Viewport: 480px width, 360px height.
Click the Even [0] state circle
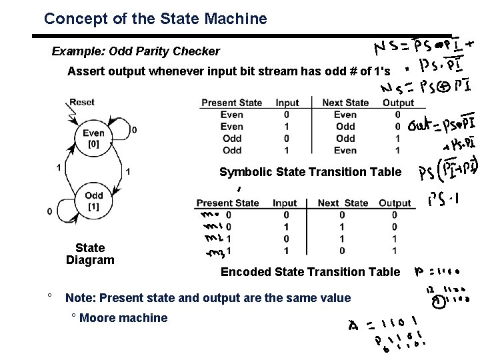[x=93, y=138]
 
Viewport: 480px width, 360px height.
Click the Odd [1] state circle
[x=94, y=201]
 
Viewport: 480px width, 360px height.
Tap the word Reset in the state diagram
[x=82, y=102]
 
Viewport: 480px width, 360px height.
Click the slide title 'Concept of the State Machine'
[x=155, y=19]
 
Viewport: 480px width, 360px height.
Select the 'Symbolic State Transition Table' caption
[x=310, y=172]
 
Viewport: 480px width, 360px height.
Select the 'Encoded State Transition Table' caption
[x=310, y=271]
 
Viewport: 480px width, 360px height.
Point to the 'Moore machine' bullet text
[x=123, y=318]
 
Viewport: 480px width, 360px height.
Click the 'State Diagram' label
[x=90, y=254]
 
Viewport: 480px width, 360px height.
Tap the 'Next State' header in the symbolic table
[x=345, y=103]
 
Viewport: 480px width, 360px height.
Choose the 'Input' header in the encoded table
[x=285, y=203]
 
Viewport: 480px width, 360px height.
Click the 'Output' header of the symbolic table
[x=398, y=103]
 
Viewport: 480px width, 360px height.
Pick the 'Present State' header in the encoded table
[x=228, y=203]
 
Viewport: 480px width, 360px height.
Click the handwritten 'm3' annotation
[x=215, y=251]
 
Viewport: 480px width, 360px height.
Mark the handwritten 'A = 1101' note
[x=384, y=325]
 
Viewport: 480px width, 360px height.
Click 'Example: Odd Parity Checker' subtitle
[x=136, y=51]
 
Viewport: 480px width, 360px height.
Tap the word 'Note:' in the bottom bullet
[x=79, y=297]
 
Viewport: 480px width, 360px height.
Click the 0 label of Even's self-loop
[x=135, y=129]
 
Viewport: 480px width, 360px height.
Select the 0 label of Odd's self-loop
[x=49, y=211]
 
